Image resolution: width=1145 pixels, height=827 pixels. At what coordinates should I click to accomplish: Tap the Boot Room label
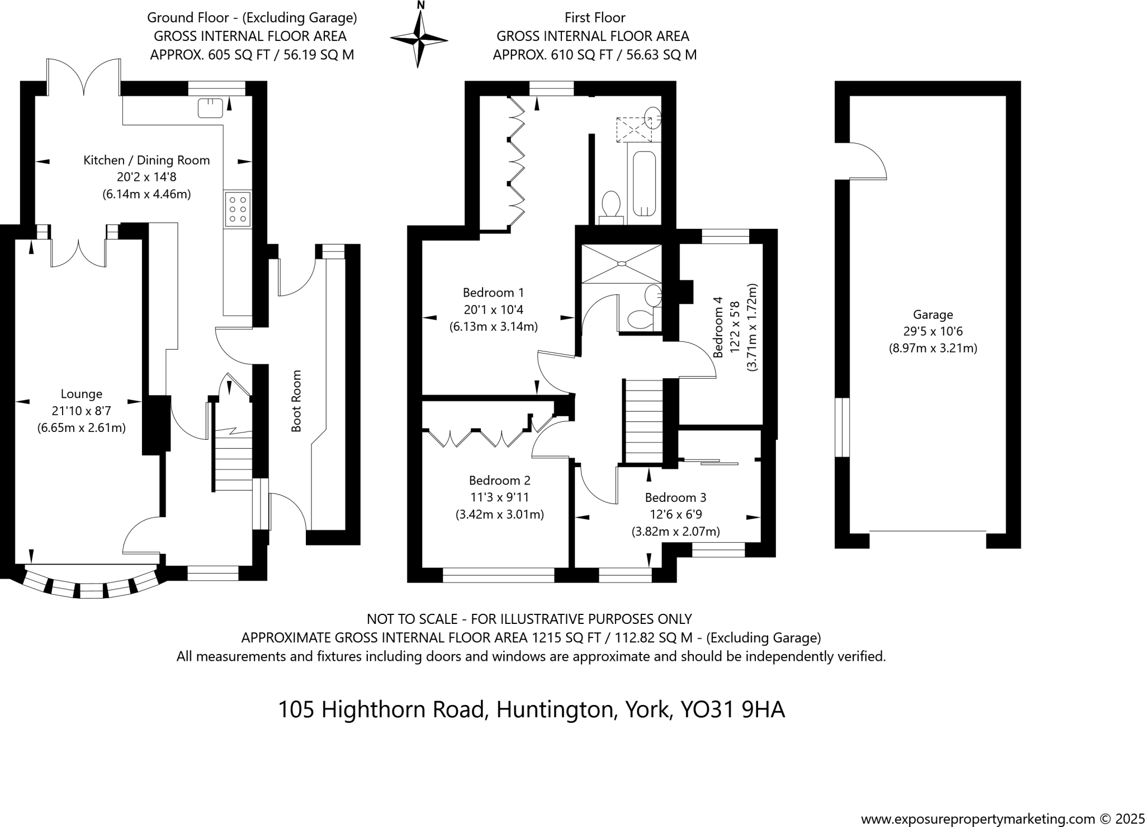296,401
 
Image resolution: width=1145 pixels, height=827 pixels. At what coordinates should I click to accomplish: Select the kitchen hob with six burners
238,209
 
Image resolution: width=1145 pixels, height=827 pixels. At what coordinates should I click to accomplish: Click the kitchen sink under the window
210,107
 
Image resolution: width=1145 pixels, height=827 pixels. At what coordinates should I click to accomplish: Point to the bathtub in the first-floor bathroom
644,183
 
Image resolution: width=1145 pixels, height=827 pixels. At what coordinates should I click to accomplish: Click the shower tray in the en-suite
621,263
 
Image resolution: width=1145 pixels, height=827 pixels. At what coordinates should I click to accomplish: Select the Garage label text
933,314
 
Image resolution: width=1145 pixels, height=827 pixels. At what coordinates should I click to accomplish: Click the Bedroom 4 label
718,327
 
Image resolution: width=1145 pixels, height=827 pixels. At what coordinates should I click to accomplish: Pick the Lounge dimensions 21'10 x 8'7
82,411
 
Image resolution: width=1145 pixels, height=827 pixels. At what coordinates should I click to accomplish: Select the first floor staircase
644,420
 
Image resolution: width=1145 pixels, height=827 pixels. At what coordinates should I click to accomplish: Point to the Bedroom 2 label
499,480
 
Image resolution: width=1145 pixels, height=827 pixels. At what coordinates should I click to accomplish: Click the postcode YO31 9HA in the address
732,709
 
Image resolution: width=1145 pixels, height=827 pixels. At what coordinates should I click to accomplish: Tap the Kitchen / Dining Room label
146,160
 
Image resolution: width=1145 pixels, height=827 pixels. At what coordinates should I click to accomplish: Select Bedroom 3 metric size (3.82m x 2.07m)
675,532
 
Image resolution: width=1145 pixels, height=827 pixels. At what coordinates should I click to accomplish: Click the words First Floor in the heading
594,18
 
